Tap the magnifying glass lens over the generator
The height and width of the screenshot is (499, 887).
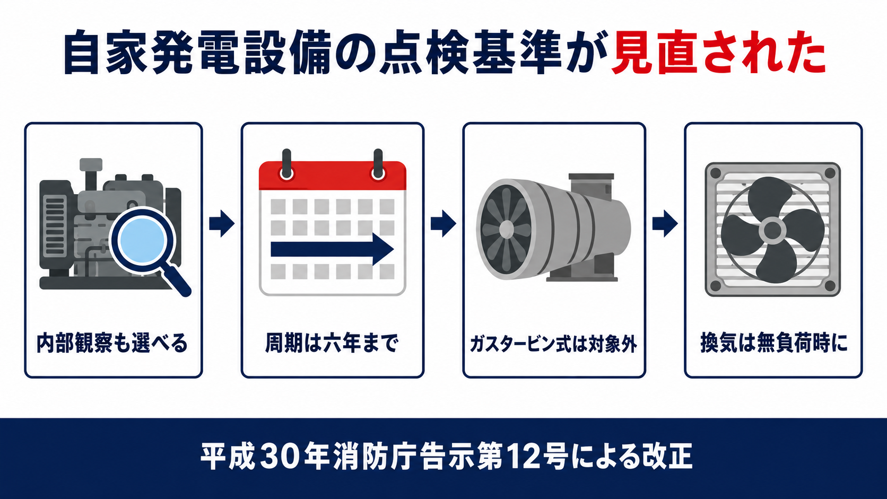coord(143,240)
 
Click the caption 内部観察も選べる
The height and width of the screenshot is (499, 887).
coord(112,343)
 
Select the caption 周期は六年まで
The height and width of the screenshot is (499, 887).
coord(332,343)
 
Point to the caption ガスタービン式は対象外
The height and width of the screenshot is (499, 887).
coord(554,344)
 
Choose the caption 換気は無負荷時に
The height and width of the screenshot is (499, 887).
coord(774,343)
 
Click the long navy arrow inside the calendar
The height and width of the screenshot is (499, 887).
coord(332,249)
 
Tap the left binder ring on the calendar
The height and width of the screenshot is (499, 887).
coord(286,166)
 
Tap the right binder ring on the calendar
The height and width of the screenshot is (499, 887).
coord(378,166)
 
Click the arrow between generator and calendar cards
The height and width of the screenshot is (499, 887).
coord(222,224)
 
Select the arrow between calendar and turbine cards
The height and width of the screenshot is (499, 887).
coord(443,224)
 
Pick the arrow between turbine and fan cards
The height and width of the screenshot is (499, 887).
coord(665,224)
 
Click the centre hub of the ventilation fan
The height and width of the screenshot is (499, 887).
coord(772,231)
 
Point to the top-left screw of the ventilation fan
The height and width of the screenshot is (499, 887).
coord(716,173)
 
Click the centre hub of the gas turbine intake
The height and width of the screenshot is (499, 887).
coord(507,229)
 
